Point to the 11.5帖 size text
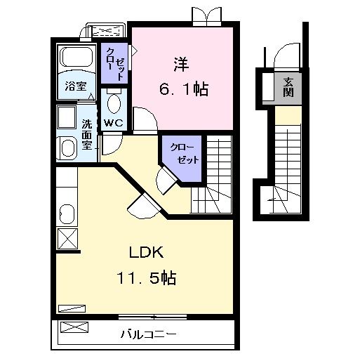146,279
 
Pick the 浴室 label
76,88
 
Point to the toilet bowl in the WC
114,104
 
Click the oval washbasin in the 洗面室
68,148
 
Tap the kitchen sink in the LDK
67,213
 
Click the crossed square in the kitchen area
67,239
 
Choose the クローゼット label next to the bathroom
116,63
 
